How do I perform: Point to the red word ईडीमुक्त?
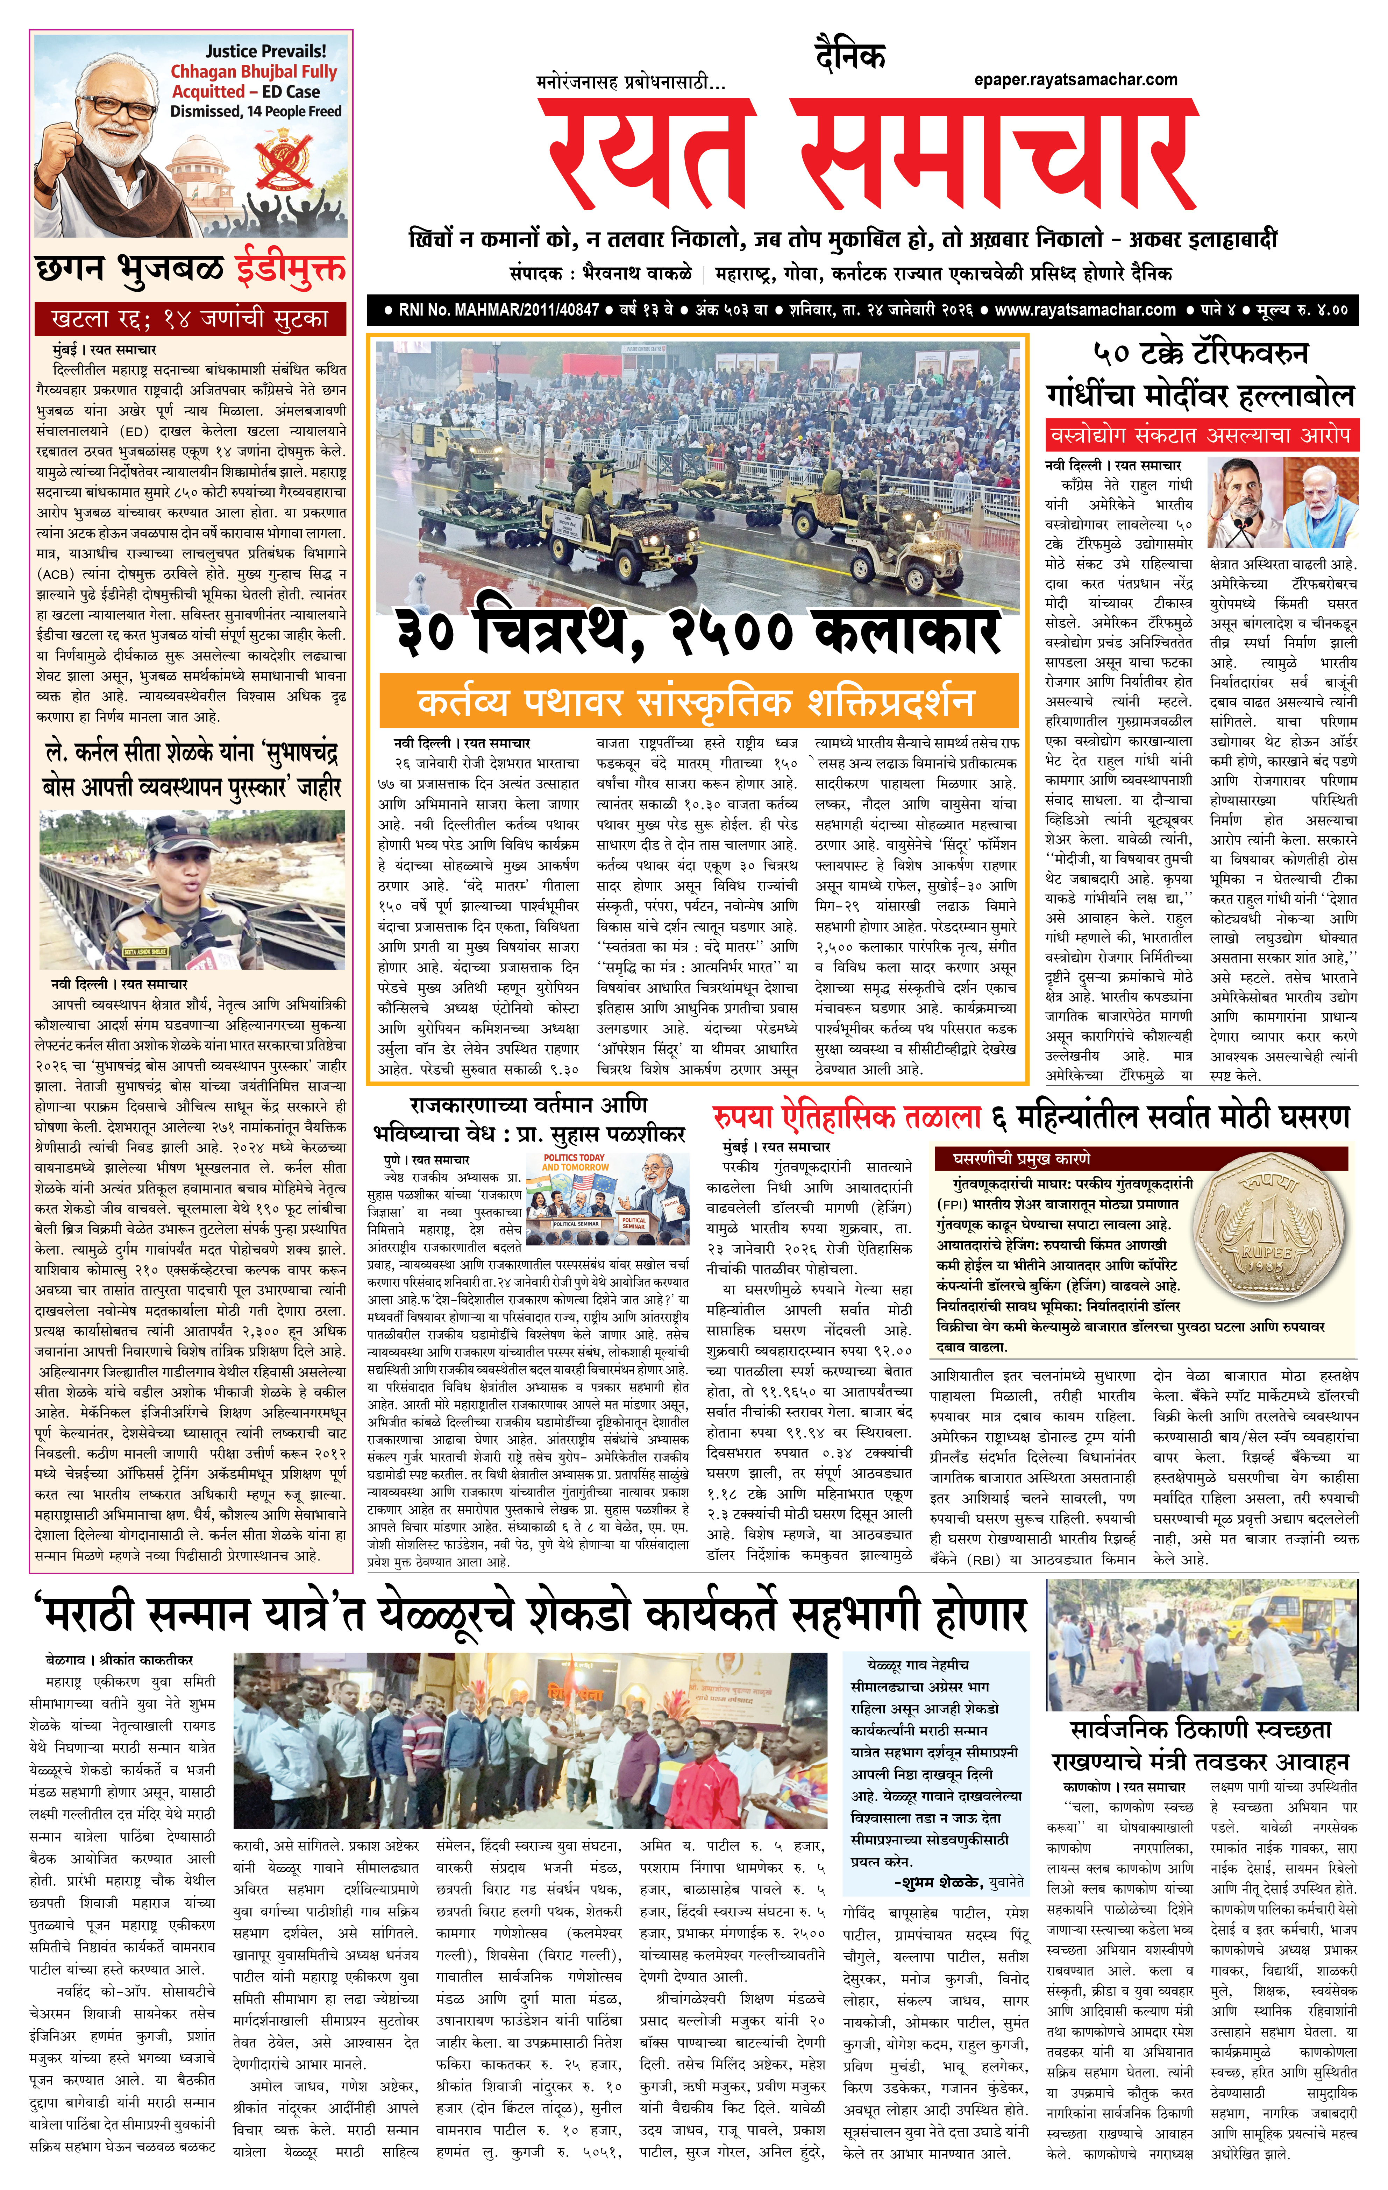[290, 269]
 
